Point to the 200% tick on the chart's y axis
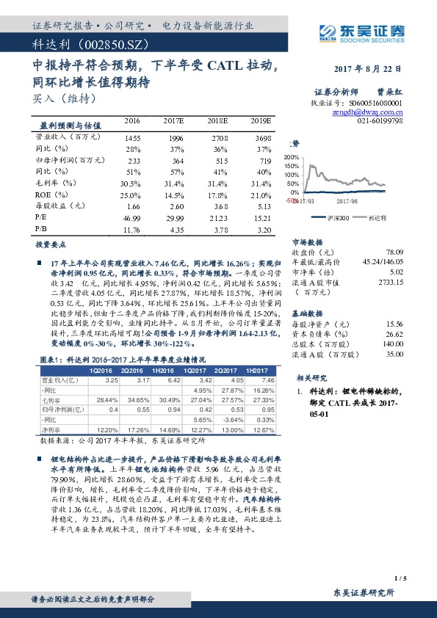coord(292,157)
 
